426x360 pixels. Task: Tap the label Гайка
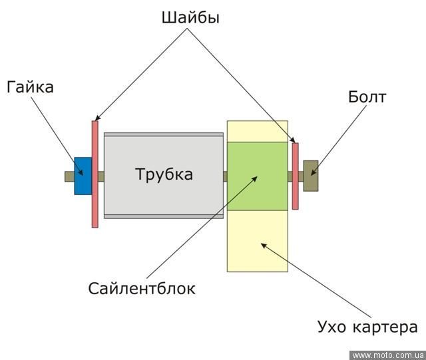click(x=30, y=87)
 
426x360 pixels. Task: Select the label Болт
click(x=367, y=97)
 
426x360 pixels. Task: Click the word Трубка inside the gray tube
click(x=164, y=175)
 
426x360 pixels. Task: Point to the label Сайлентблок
click(x=142, y=289)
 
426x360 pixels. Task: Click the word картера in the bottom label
click(x=387, y=327)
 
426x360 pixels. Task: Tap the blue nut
click(x=83, y=176)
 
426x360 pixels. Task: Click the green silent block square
click(x=257, y=176)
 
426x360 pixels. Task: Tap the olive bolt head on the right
click(x=311, y=176)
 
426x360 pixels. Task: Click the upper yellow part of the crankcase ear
click(x=257, y=131)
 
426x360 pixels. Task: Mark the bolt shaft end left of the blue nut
click(x=69, y=176)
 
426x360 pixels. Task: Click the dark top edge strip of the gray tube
click(x=164, y=135)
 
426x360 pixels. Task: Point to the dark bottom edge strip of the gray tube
click(x=164, y=216)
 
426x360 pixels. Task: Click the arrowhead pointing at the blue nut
click(x=81, y=172)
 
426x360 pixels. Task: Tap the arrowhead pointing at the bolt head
click(x=315, y=172)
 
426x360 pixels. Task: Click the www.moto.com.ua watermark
click(x=387, y=355)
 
